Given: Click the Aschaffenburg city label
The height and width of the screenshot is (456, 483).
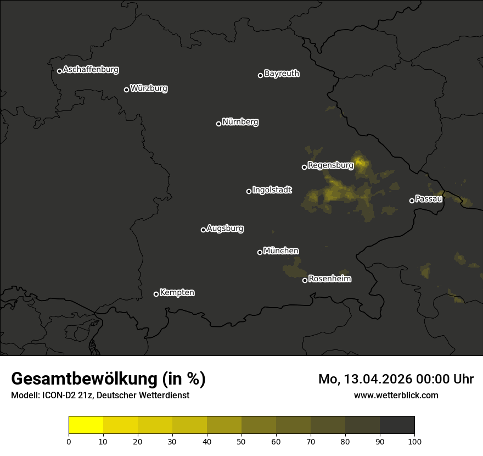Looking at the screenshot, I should [91, 70].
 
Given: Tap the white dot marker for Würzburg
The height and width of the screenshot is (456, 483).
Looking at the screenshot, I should [126, 90].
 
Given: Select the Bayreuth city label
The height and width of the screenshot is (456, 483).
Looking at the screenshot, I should [282, 74].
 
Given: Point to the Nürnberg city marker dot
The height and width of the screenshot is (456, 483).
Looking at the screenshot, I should [218, 124].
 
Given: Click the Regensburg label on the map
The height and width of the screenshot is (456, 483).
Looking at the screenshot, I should [330, 165].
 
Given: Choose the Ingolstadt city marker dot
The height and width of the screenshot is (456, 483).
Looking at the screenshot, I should [249, 191].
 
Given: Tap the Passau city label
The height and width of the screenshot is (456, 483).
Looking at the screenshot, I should [429, 199].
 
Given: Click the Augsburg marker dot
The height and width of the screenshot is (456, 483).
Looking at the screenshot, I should [203, 230].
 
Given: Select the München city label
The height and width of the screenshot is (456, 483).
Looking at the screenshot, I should [281, 251].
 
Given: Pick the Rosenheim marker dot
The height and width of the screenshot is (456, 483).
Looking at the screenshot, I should [305, 280].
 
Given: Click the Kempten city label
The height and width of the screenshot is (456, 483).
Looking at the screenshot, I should [177, 293].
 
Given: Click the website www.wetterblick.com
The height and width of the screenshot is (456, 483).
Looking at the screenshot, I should [396, 395].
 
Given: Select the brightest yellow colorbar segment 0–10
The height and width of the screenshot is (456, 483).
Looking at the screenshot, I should [86, 425].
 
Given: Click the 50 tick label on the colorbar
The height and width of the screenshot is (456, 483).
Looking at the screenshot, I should [241, 441].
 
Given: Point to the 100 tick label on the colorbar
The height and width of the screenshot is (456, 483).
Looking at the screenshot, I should [414, 441].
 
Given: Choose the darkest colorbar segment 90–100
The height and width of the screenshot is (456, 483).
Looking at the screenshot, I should [397, 425].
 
